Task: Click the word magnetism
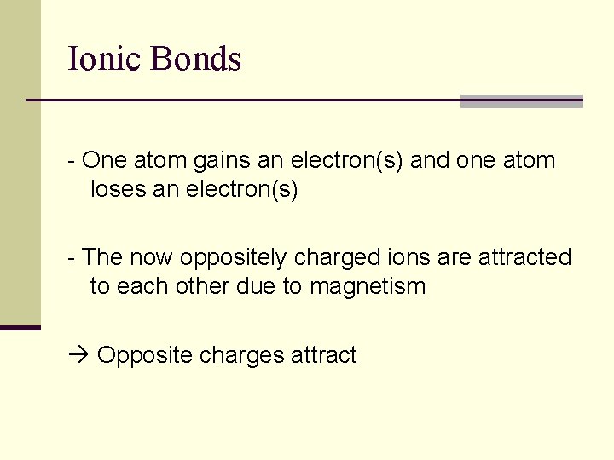pos(368,286)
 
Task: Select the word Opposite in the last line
pos(145,355)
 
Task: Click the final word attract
pos(324,355)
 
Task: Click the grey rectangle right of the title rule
pos(521,101)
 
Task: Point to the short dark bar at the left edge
pos(20,327)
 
